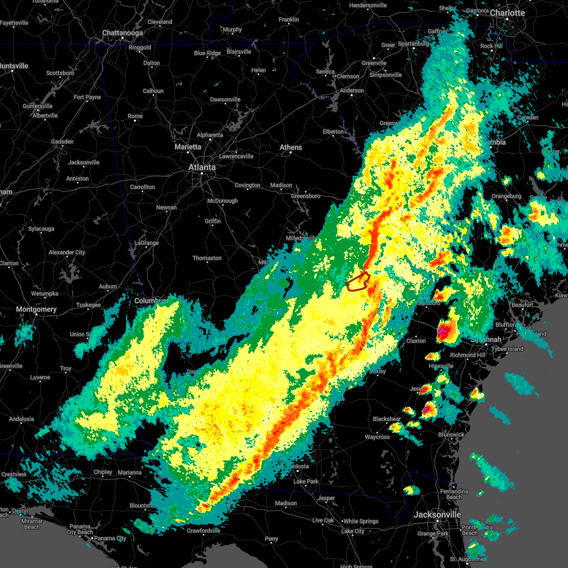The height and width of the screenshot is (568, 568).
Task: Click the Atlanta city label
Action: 202,167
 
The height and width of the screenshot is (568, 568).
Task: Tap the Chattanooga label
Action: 122,33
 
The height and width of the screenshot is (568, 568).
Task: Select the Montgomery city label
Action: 36,309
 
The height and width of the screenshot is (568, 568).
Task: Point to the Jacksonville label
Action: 437,515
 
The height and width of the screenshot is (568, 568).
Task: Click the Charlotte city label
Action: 507,13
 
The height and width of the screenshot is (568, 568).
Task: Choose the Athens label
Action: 291,147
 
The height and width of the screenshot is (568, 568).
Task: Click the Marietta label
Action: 188,147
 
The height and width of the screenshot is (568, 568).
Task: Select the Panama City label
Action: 110,538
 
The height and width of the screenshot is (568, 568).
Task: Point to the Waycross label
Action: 377,437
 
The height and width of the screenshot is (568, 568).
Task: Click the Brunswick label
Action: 451,435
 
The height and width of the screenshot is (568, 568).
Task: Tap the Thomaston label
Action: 207,258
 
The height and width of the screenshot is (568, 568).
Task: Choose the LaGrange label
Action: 147,243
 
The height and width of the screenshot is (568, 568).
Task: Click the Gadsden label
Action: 62,142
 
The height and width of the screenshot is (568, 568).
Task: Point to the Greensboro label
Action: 305,196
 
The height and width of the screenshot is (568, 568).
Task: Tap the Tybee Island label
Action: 507,349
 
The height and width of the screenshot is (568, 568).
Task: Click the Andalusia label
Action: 21,419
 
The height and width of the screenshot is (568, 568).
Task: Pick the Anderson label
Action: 352,90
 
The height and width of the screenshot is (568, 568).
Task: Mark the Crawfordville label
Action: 204,531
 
